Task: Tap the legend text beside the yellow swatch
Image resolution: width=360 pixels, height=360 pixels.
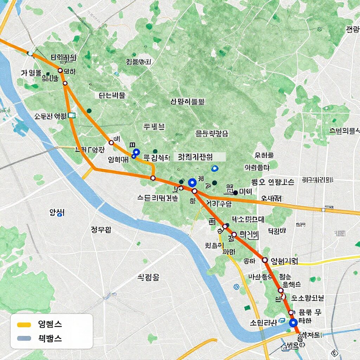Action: click(50, 324)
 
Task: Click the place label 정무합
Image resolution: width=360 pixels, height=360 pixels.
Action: click(101, 230)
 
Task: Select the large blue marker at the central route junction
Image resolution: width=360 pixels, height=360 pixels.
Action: click(192, 182)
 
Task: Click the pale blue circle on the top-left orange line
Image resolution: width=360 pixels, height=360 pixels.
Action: click(31, 53)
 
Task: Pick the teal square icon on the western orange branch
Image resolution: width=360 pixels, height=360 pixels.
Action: click(72, 115)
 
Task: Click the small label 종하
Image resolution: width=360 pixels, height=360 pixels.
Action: click(249, 261)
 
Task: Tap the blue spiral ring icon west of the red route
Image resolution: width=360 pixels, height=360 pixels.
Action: click(236, 287)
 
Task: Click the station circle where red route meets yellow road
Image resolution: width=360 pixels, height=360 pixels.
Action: click(265, 260)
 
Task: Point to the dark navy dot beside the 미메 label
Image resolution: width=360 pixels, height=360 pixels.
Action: click(236, 192)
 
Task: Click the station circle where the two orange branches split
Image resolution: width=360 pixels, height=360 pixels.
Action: click(65, 83)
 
